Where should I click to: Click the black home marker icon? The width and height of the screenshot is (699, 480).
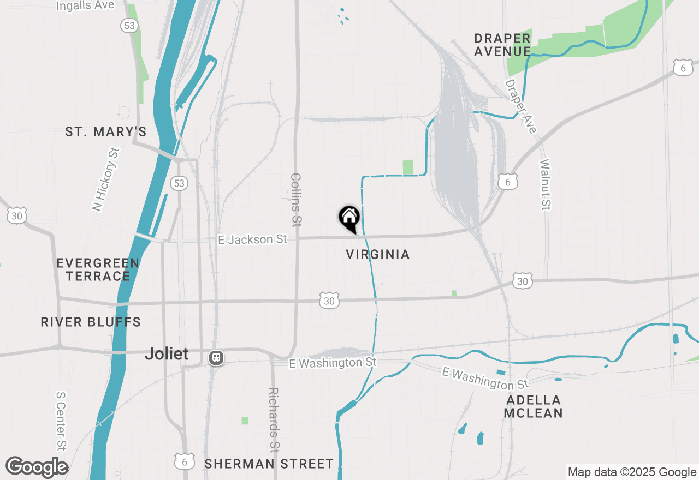pos(349,218)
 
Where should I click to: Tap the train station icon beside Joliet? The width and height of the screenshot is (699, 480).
pos(216,358)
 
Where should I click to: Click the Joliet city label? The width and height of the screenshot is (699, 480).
pos(167,354)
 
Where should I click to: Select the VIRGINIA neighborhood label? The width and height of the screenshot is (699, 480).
pos(378,255)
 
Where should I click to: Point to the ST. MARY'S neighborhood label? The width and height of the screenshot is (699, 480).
pos(106,132)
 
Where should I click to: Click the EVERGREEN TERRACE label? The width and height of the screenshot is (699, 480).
pos(98,269)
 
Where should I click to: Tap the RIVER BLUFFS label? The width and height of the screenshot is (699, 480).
pos(91,322)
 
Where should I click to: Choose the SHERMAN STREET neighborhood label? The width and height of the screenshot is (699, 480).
pos(269,464)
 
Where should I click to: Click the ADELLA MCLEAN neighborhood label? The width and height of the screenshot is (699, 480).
pos(533,406)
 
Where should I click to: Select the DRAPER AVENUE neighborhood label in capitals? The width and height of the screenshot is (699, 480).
pos(502,45)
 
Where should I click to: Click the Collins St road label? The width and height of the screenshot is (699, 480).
pos(296,200)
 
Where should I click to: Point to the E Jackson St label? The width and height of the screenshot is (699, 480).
pos(252,239)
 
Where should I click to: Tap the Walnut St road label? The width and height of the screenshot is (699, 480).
pos(545,184)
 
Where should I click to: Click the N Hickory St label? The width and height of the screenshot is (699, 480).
pos(105,179)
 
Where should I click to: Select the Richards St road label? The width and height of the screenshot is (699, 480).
pos(274,420)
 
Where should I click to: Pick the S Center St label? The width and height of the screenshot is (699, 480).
pos(61,420)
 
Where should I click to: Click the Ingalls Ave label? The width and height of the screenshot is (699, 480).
pos(86,5)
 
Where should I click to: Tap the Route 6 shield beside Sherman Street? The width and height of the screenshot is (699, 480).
pos(185,461)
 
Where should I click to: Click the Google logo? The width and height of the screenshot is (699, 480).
pos(37,467)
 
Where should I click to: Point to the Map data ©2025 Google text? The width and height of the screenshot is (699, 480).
pos(632,472)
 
